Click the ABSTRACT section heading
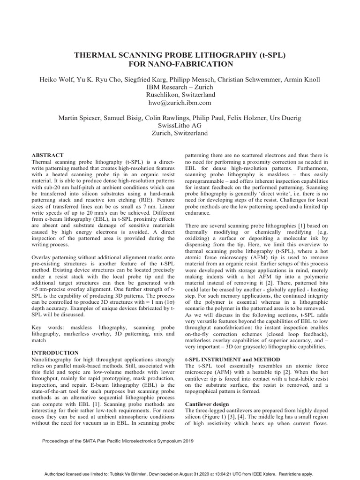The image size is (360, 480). pyautogui.click(x=47, y=155)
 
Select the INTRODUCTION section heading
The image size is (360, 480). pyautogui.click(x=55, y=352)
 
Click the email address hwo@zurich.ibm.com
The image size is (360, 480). pyautogui.click(x=180, y=102)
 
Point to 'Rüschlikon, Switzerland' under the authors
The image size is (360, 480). pyautogui.click(x=180, y=94)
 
